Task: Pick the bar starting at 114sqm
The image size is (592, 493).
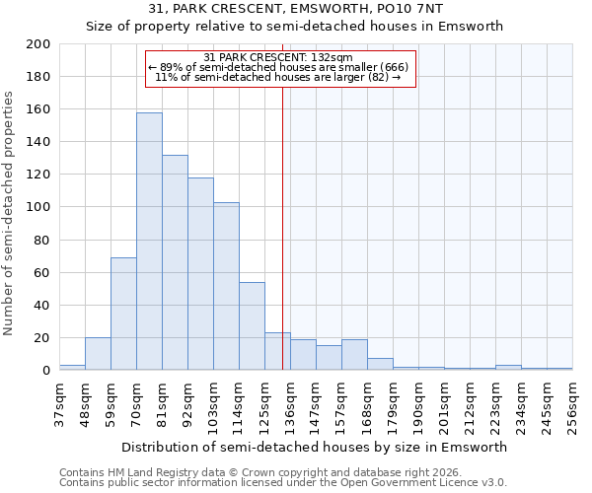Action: pyautogui.click(x=252, y=326)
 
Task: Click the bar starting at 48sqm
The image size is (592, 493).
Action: pyautogui.click(x=98, y=354)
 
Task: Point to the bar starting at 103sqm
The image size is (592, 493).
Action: pyautogui.click(x=226, y=286)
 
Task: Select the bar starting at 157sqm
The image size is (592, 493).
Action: pyautogui.click(x=354, y=355)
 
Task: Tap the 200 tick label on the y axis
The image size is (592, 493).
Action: pyautogui.click(x=38, y=44)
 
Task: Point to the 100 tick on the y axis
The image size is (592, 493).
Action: pyautogui.click(x=38, y=207)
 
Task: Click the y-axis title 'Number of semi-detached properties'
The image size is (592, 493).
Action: pyautogui.click(x=10, y=213)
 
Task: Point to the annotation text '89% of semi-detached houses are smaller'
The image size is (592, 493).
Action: pyautogui.click(x=281, y=67)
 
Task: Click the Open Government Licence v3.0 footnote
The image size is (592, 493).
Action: pyautogui.click(x=283, y=482)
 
